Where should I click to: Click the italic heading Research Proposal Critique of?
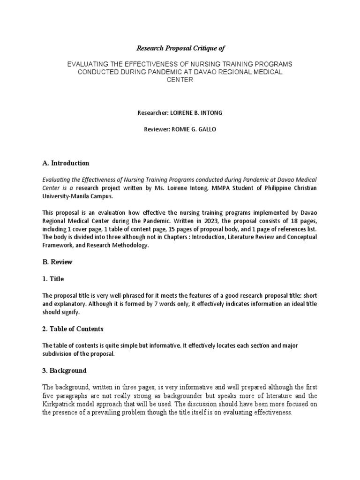[x=177, y=48]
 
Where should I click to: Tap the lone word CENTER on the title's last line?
[x=180, y=80]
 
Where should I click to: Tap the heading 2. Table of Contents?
[x=73, y=329]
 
